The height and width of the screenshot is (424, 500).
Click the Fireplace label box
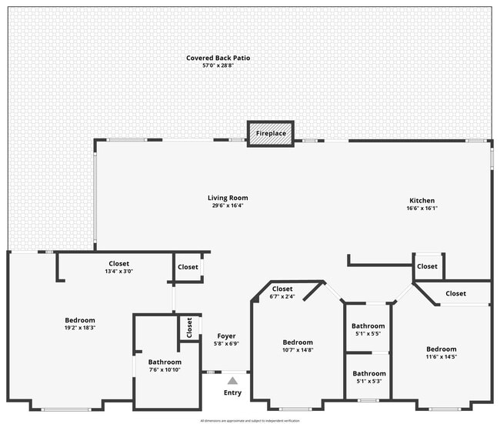tap(271, 133)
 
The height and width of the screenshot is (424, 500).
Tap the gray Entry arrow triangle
tap(232, 379)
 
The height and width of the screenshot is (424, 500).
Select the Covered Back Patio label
tap(218, 58)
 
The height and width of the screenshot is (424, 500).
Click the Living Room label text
tap(228, 198)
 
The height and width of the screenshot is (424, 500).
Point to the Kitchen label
tap(422, 200)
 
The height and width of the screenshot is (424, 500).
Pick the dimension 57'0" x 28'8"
tap(218, 66)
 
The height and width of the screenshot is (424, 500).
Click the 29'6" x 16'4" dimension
tap(228, 205)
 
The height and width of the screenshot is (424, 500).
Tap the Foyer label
tap(226, 336)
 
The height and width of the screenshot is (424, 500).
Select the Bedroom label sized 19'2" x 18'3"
tap(80, 320)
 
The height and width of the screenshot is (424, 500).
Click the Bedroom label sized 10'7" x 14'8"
tap(298, 342)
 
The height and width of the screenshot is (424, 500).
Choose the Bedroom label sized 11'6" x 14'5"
tap(441, 349)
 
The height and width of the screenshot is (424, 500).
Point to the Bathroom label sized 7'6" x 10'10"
tap(165, 362)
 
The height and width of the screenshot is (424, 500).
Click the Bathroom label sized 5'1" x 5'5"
tap(369, 326)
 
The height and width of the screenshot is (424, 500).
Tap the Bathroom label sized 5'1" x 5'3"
tap(369, 373)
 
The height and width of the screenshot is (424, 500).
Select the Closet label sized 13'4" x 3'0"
tap(119, 263)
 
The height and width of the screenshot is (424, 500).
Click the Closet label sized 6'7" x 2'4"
tap(282, 289)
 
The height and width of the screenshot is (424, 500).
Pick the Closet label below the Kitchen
tap(428, 266)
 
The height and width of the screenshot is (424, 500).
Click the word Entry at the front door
tap(232, 392)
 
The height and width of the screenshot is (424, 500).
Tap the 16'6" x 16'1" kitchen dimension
tap(422, 208)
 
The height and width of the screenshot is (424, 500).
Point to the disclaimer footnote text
tap(249, 420)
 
